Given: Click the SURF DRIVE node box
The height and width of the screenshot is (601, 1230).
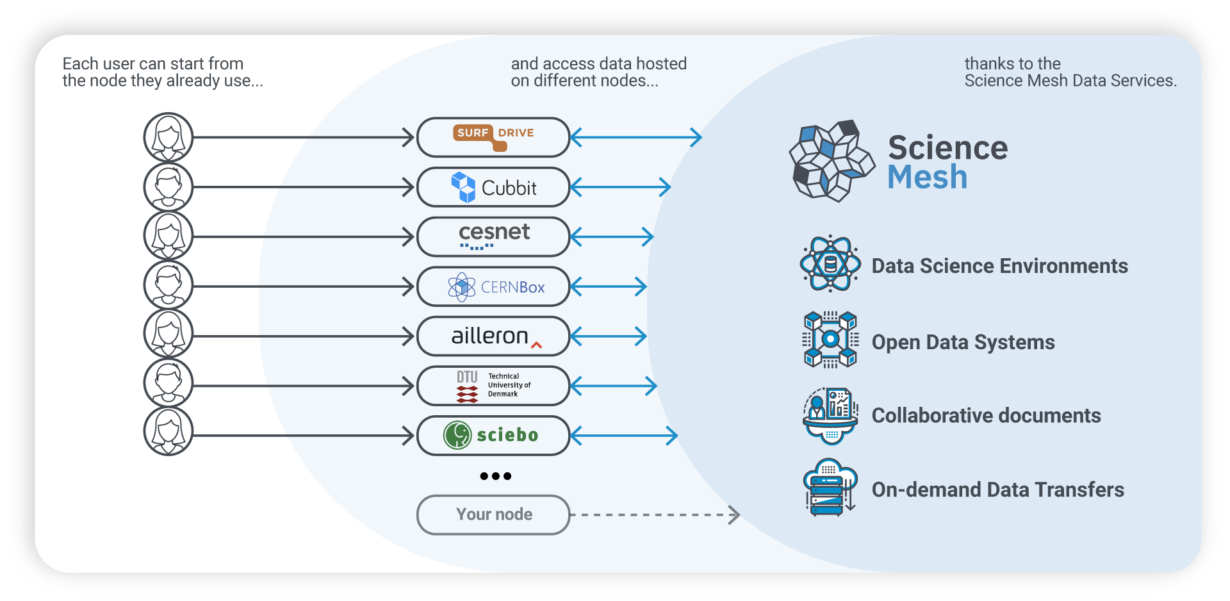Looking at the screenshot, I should pos(493,137).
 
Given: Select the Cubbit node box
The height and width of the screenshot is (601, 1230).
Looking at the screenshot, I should pos(493,187).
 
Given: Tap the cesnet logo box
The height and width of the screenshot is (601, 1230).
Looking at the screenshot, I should pos(493,236).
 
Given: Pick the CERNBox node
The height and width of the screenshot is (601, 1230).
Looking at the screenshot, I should pos(493,286).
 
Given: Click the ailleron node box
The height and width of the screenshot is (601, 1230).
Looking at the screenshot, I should pos(493,336).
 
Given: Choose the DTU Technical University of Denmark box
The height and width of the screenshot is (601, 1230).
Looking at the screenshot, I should pos(493,386).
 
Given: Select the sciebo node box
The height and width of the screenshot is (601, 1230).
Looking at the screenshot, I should pos(493,436).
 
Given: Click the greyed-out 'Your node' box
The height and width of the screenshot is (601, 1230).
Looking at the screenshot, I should pos(493,515).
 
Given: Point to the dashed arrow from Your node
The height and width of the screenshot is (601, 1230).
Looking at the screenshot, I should pos(653,515).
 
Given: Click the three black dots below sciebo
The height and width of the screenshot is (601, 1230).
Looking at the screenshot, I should pos(495,476).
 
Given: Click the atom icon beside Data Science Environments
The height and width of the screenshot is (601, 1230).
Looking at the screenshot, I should pos(830,263).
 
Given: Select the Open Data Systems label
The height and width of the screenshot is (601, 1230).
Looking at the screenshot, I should pos(963,342).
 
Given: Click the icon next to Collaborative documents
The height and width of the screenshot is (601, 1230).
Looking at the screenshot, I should pos(830,415).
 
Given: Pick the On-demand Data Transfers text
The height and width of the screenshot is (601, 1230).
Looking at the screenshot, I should pos(997,490).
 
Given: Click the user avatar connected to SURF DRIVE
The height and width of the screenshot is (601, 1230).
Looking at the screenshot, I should pos(168,137).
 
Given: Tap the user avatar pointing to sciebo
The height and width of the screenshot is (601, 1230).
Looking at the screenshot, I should pos(168,432).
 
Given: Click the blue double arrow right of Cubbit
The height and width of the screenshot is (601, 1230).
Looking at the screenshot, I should pos(620,187).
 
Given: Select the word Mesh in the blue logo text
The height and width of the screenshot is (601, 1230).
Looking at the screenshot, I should pos(927,177).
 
